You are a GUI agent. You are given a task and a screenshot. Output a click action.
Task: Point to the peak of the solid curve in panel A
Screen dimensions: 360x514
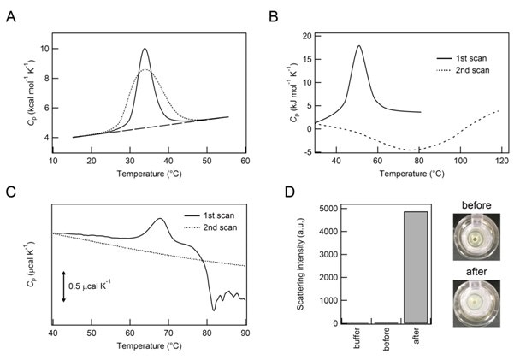pos(145,49)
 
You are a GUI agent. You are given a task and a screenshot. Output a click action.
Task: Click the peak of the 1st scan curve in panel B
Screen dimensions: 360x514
pos(358,46)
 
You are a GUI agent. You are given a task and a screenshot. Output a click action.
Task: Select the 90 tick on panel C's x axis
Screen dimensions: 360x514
pos(245,332)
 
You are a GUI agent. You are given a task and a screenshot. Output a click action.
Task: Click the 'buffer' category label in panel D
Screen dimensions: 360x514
pos(346,339)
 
